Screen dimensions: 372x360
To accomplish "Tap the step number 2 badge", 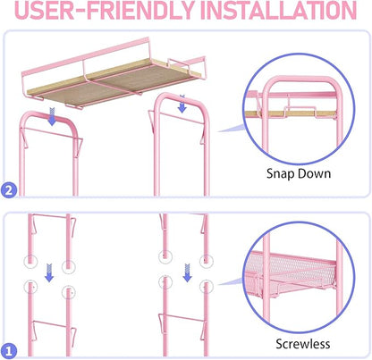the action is click(9, 190).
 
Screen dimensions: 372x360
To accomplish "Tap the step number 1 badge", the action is click(9, 351).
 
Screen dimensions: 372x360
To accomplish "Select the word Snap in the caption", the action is click(279, 174).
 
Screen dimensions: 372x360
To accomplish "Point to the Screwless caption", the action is click(303, 344).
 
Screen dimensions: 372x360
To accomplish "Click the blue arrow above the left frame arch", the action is click(52, 116).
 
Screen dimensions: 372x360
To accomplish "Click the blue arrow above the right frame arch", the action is click(182, 104).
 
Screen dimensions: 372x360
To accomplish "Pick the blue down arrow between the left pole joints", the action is click(49, 272).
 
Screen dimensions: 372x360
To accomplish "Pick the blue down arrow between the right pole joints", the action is click(187, 272).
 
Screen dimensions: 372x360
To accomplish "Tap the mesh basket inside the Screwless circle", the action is click(291, 275).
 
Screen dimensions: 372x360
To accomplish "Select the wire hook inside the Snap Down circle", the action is click(300, 109).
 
